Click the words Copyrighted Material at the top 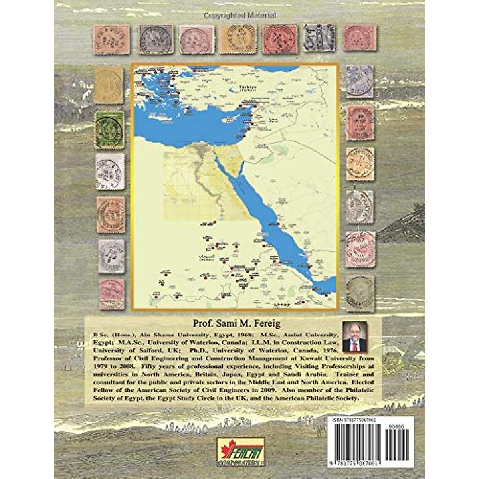point(239,16)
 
